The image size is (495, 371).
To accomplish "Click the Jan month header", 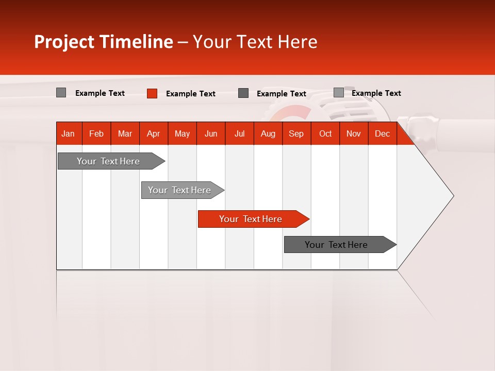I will (69, 133).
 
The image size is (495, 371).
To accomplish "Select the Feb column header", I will (96, 133).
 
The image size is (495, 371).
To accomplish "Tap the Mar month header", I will (125, 133).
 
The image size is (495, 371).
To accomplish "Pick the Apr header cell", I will (154, 133).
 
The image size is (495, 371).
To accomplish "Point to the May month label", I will (182, 133).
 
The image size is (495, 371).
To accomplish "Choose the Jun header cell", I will (211, 133).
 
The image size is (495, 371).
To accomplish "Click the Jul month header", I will (239, 133).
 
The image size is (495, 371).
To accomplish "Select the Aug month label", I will (268, 133).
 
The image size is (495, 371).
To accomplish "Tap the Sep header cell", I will (296, 133).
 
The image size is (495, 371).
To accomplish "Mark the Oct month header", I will (325, 133).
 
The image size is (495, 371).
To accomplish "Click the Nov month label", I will (354, 133).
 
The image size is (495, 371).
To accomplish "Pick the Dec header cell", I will (383, 133).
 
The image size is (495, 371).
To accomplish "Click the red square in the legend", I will (152, 93).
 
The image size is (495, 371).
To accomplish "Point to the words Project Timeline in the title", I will (104, 42).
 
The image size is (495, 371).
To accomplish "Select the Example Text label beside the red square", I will (191, 94).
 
